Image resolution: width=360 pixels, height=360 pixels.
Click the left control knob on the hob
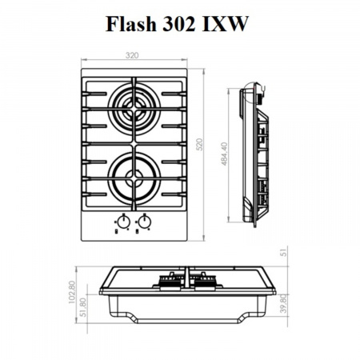point(123,222)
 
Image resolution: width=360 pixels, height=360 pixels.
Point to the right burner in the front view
point(203,279)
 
